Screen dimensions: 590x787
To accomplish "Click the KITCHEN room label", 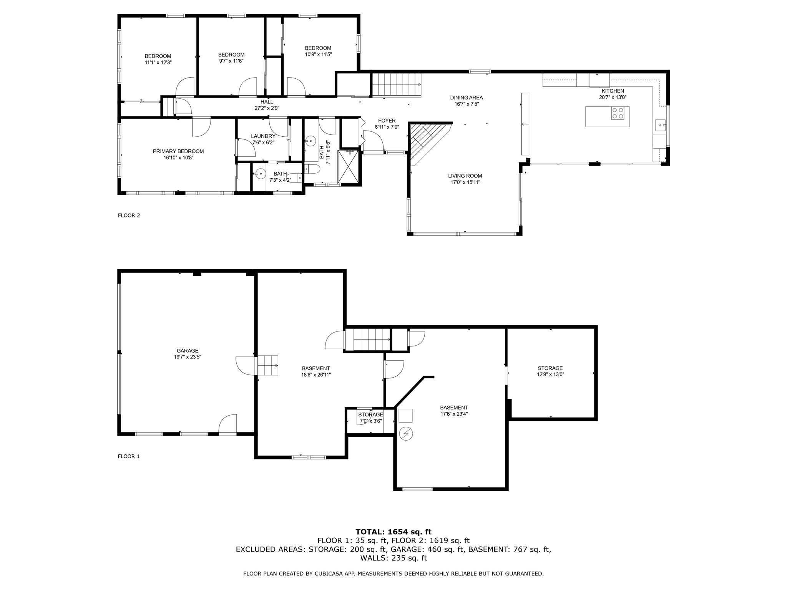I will point(613,91).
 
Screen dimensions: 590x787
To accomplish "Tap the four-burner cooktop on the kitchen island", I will point(618,113).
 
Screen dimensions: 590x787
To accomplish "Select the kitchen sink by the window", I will point(660,124).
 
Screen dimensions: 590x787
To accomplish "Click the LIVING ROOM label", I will point(465,176).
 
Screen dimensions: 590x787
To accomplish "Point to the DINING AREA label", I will point(467,98).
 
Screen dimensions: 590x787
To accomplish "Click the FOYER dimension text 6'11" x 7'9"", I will point(387,127).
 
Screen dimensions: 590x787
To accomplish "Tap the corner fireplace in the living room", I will point(425,140).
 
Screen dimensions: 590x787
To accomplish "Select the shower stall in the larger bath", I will point(349,167).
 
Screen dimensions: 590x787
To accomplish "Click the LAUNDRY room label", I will point(263,136).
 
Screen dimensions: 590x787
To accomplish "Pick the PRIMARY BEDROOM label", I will point(178,151).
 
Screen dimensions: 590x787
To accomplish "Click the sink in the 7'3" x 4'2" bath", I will point(260,174).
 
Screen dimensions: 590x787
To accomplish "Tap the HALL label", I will point(267,102).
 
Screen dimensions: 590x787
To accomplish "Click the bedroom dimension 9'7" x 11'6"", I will point(231,61).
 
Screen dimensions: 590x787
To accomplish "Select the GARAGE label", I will point(188,350).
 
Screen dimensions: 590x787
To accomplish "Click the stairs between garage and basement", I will point(268,366).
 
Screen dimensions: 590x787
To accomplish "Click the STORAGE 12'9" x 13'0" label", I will point(550,368).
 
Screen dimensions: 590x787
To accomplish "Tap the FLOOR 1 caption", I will point(129,456).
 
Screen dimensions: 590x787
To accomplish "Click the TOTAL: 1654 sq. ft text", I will point(393,532).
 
